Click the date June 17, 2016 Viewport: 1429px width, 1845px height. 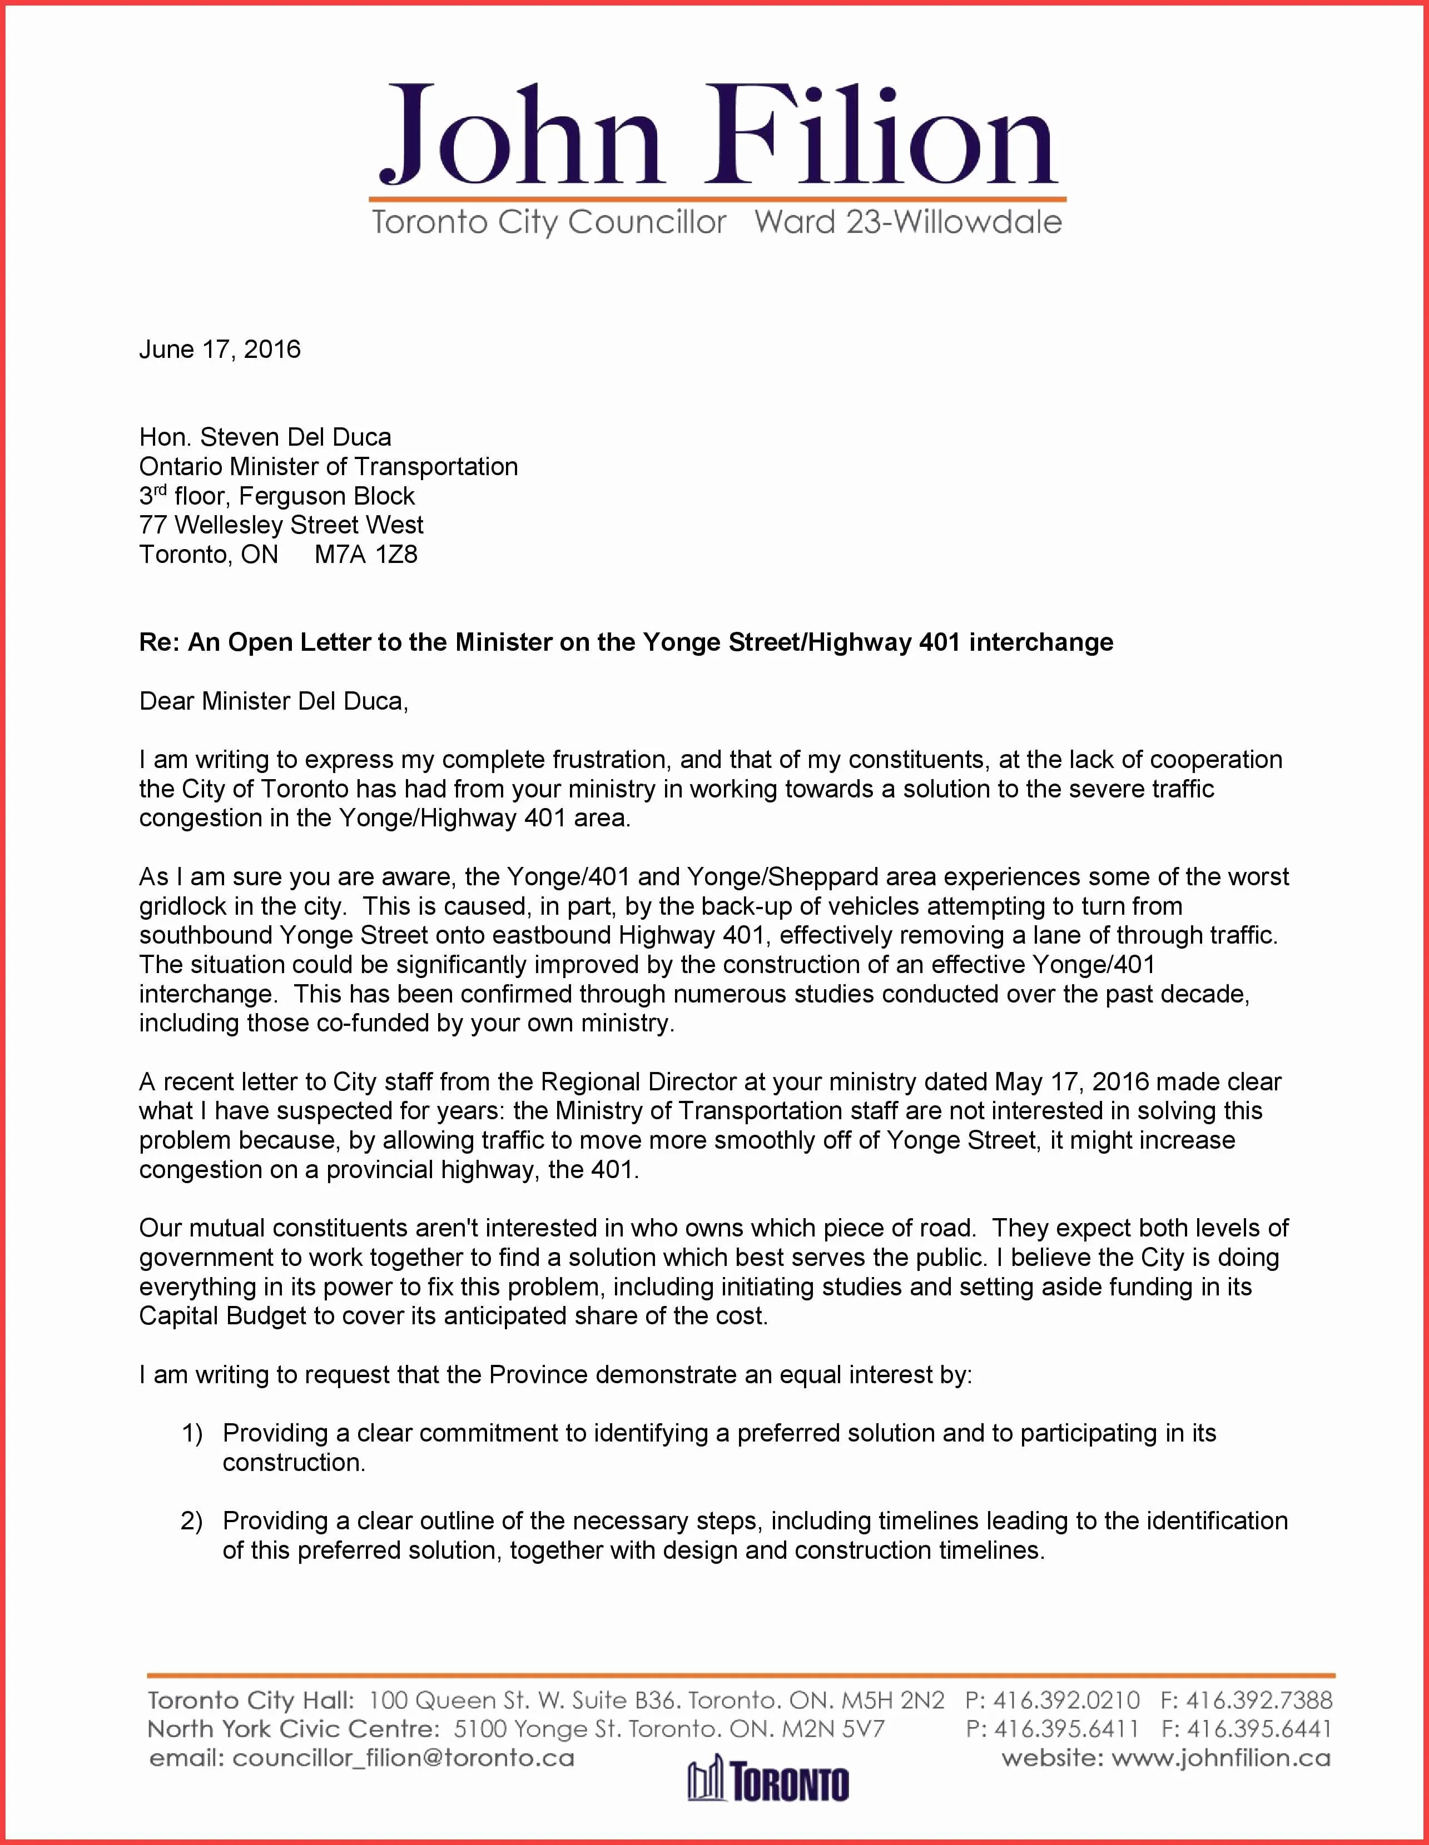pyautogui.click(x=220, y=350)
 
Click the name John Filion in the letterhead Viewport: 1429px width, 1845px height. pyautogui.click(x=717, y=135)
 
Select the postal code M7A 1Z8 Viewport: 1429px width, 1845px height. pyautogui.click(x=366, y=555)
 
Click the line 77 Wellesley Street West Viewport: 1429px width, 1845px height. pyautogui.click(x=281, y=526)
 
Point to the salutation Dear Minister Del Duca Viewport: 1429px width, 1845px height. pyautogui.click(x=273, y=701)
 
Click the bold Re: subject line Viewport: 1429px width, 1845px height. pyautogui.click(x=626, y=643)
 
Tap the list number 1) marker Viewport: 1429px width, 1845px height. pyautogui.click(x=193, y=1434)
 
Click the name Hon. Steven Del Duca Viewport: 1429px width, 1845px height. pyautogui.click(x=265, y=437)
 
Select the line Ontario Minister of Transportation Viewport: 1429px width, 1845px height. pyautogui.click(x=328, y=467)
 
